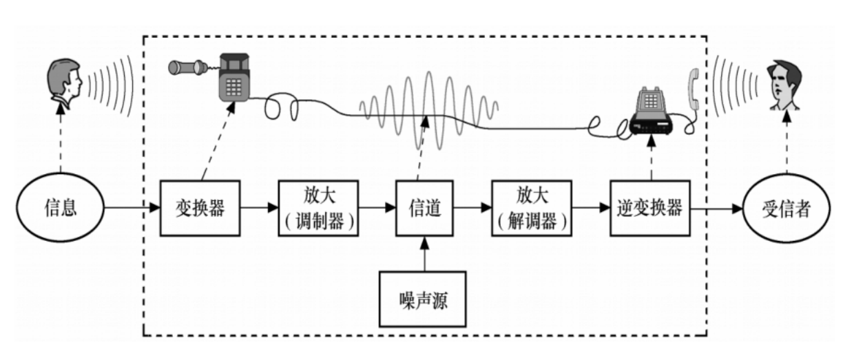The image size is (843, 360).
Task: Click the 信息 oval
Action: pyautogui.click(x=61, y=207)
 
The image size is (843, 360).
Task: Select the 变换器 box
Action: pyautogui.click(x=200, y=207)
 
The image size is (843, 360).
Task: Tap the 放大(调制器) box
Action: pyautogui.click(x=319, y=207)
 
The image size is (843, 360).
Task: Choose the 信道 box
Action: pyautogui.click(x=424, y=207)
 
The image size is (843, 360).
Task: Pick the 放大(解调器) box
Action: pyautogui.click(x=532, y=207)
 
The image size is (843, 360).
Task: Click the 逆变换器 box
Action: pyautogui.click(x=650, y=207)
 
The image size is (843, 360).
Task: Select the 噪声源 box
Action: pyautogui.click(x=423, y=299)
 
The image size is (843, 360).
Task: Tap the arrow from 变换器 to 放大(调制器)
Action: pyautogui.click(x=259, y=207)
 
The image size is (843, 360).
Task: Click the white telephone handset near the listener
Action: pyautogui.click(x=695, y=92)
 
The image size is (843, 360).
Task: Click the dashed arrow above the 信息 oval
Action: pyautogui.click(x=61, y=145)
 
